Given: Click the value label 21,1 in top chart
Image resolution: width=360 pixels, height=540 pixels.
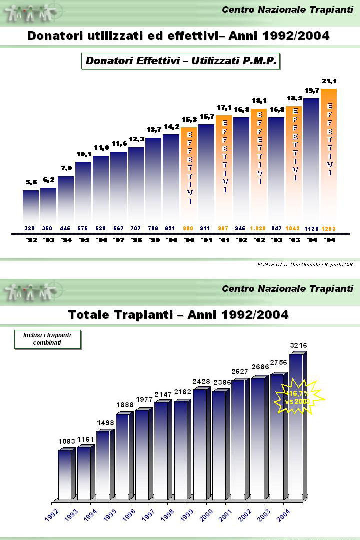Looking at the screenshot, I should click(x=328, y=81).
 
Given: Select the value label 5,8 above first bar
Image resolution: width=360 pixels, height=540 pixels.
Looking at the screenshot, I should click(x=31, y=182).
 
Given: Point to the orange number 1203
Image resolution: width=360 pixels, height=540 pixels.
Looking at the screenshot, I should click(x=328, y=229).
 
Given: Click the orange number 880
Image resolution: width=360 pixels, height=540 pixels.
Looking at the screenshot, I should click(x=188, y=228).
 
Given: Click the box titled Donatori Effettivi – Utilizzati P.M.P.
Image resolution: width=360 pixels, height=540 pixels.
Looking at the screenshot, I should click(x=181, y=61).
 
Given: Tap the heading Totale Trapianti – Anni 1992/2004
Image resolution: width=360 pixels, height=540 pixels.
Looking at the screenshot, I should click(x=178, y=315).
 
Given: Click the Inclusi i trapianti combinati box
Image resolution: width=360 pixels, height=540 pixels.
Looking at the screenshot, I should click(x=47, y=339).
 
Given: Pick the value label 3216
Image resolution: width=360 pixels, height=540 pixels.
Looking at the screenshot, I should click(x=298, y=345).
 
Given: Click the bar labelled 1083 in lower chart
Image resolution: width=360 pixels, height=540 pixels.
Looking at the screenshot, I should click(x=65, y=475).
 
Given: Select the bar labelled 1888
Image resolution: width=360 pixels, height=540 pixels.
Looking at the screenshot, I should click(x=122, y=456).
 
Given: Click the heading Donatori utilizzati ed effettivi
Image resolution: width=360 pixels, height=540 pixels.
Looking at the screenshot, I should click(x=178, y=36).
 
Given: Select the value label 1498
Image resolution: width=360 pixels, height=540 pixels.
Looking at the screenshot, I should click(x=105, y=423).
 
